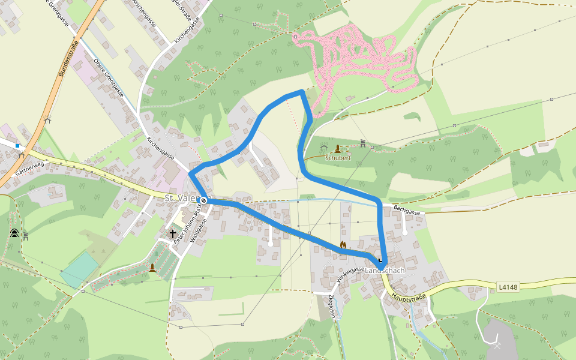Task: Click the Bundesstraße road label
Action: pos(69,58)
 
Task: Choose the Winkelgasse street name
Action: pos(351,277)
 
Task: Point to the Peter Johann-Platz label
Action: pos(187,220)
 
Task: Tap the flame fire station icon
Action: pos(343,245)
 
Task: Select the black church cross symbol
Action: pos(173,233)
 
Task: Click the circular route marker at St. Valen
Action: pos(203,200)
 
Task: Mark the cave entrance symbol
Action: pos(14,233)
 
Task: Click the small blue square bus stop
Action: pos(17,145)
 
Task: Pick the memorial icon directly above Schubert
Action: pos(338,148)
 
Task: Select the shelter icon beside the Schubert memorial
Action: pos(324,147)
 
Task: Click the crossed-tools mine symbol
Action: pos(497,345)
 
